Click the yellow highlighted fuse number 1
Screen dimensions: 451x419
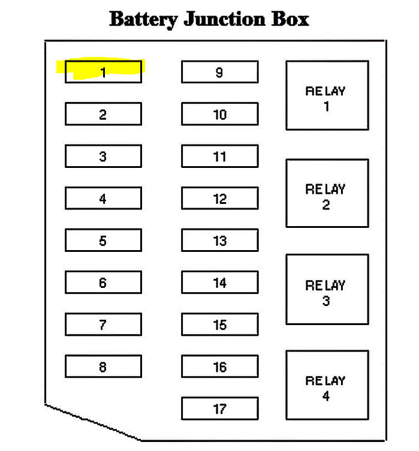tap(103, 72)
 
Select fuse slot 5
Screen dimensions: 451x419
tap(103, 240)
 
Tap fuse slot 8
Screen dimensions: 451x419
tap(103, 366)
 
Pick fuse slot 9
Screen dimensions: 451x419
tap(219, 72)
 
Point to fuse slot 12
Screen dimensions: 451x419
tap(219, 199)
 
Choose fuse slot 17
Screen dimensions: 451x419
tap(219, 408)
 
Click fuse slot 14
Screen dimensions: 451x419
tap(219, 282)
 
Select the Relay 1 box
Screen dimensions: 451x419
tap(327, 95)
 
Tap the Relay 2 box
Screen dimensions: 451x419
tap(327, 193)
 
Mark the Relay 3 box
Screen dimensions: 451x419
tap(327, 290)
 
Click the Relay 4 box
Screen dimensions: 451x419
tap(327, 385)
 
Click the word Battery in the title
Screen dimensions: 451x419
tap(143, 19)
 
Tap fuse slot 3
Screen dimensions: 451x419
tap(103, 157)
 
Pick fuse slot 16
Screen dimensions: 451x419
tap(219, 366)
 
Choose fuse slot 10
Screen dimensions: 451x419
tap(219, 114)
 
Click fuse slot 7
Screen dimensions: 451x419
tap(103, 324)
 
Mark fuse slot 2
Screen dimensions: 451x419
tap(103, 114)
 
